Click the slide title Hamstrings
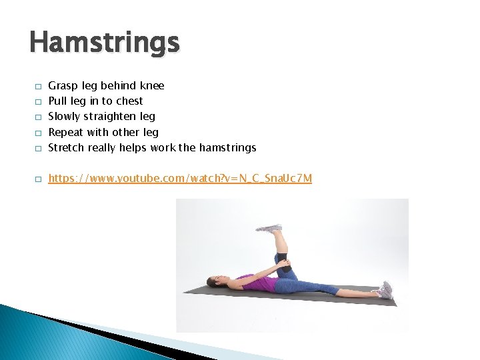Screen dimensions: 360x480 (105, 43)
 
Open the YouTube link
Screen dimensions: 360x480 (180, 178)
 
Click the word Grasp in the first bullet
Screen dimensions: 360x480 (63, 86)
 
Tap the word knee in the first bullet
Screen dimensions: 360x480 (152, 86)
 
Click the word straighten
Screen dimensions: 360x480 (112, 117)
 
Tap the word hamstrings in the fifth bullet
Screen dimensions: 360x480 (227, 147)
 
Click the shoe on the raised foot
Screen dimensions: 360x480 (269, 228)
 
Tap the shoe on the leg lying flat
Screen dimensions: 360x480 (385, 289)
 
